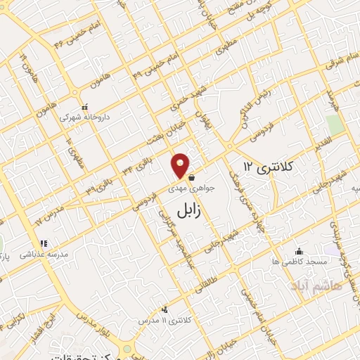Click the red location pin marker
[x=181, y=166]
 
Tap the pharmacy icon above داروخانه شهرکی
[x=84, y=108]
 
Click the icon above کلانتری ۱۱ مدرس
[x=165, y=309]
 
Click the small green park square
[x=335, y=124]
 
